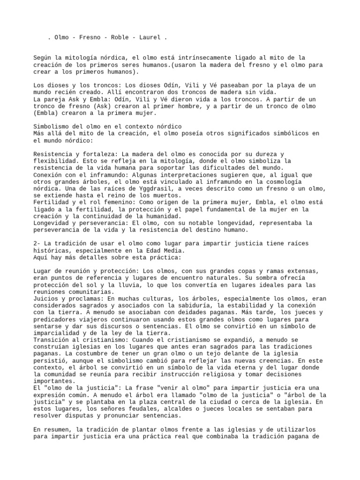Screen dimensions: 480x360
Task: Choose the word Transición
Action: [52, 339]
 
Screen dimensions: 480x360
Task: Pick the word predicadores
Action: [54, 319]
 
